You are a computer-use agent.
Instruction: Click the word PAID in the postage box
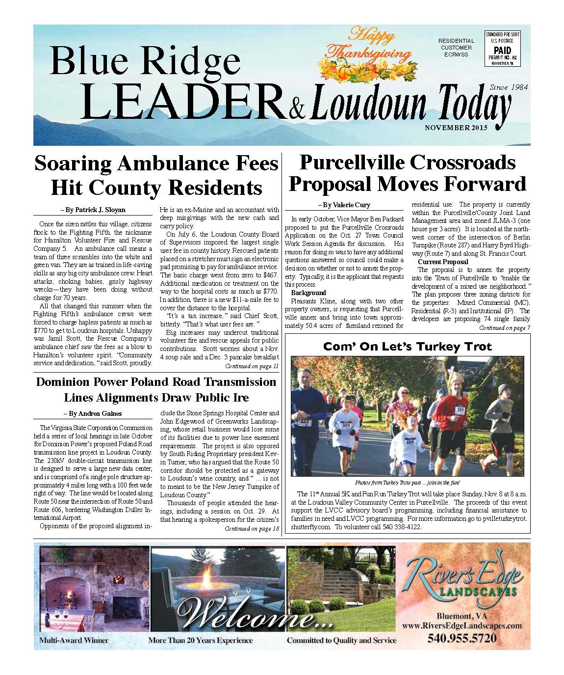(x=503, y=50)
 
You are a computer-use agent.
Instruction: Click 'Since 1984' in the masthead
(x=508, y=87)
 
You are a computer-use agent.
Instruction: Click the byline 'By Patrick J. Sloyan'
(x=93, y=210)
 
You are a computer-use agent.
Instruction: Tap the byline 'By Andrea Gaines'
(x=93, y=413)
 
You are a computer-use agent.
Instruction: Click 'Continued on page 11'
(x=252, y=366)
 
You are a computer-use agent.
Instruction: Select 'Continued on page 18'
(x=252, y=529)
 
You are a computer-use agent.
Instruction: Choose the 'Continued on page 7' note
(x=504, y=327)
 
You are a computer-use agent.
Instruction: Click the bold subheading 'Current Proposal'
(x=442, y=262)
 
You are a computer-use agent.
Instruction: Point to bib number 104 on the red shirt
(x=460, y=409)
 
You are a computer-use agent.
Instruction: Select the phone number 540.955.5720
(x=461, y=638)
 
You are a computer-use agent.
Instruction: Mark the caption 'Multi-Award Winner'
(x=74, y=640)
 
